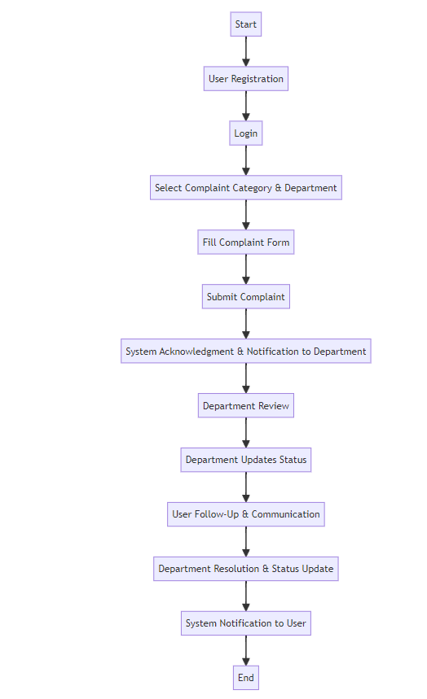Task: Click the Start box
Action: [x=245, y=24]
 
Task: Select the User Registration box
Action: [x=245, y=79]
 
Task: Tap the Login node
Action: [x=245, y=133]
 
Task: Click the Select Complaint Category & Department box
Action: [x=245, y=188]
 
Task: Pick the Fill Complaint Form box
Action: [x=245, y=242]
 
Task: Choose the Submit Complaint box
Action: [x=245, y=297]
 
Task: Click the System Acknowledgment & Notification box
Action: [x=245, y=352]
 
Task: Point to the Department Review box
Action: [x=245, y=406]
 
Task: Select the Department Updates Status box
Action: [x=245, y=460]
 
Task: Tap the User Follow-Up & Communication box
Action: [x=245, y=514]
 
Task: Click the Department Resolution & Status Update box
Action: [x=245, y=569]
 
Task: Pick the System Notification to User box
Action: [x=245, y=623]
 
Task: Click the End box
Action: [x=245, y=678]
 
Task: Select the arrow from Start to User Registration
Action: [x=245, y=51]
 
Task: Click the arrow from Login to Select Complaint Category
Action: [x=245, y=160]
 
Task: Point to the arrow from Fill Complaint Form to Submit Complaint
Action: [x=245, y=269]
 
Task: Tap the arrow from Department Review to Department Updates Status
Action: [x=245, y=433]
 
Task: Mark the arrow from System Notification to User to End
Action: [x=245, y=650]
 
